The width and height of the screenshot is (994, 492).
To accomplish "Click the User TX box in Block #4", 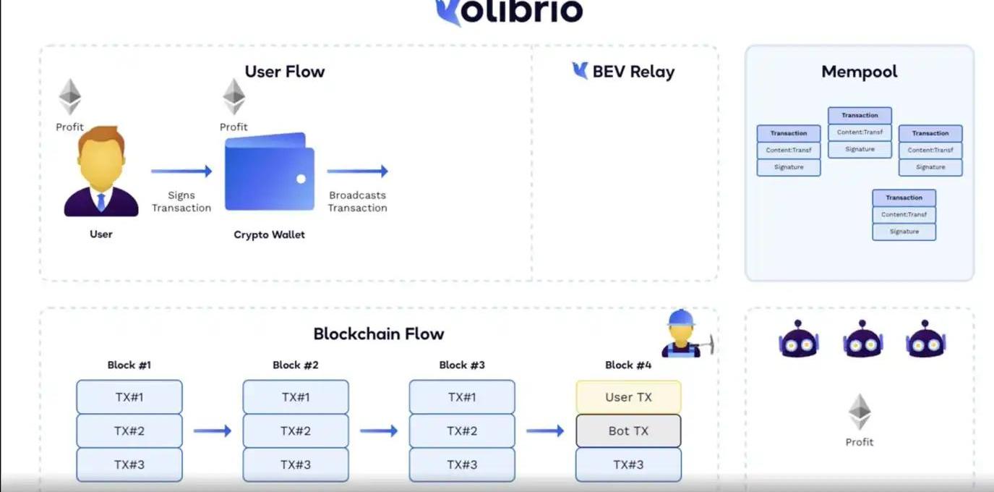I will [628, 397].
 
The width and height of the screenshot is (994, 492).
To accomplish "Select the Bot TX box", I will [628, 430].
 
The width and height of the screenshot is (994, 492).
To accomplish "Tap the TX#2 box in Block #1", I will [129, 430].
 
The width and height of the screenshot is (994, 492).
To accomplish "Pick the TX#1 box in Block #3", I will [462, 397].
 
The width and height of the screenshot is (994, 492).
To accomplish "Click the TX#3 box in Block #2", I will [296, 465].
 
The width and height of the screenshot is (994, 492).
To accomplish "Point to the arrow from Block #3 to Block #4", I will [545, 430].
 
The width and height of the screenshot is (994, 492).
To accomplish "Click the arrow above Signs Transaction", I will [181, 171].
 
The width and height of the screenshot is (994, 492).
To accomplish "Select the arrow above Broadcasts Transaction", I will [357, 171].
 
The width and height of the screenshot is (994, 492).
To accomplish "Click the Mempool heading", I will [859, 72].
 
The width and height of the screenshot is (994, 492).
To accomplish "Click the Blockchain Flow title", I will [378, 334].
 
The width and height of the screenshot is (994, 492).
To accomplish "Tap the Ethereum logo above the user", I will [70, 96].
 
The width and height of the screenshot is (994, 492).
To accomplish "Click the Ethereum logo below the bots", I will [860, 412].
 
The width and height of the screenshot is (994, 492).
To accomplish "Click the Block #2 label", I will [296, 365].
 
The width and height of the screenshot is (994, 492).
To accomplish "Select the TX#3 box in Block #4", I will [628, 465].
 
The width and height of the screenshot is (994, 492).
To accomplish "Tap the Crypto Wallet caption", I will [270, 234].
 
